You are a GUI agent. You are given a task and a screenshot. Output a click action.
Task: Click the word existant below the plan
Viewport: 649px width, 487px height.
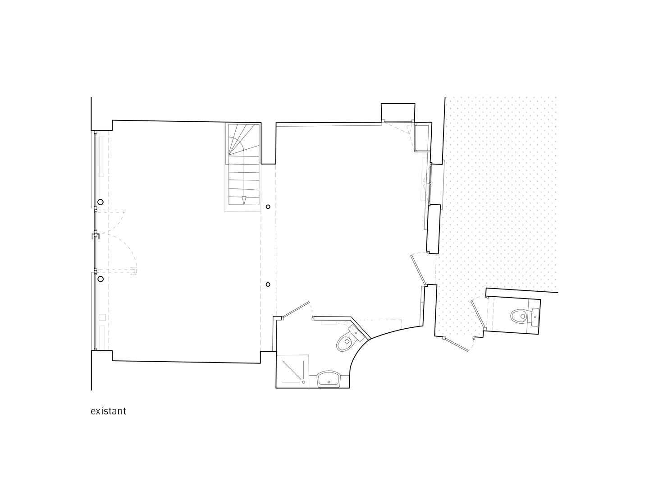[x=108, y=411]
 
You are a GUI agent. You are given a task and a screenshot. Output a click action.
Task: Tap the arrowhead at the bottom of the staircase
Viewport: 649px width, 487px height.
[x=244, y=200]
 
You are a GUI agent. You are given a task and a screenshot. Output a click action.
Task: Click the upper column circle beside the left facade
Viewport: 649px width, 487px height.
[x=101, y=202]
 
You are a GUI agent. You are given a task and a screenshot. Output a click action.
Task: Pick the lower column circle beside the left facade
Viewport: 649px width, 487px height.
[x=101, y=279]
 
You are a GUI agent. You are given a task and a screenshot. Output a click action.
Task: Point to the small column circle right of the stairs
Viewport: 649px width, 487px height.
[x=268, y=207]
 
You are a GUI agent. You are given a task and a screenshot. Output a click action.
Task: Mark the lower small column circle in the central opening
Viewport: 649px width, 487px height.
[x=268, y=285]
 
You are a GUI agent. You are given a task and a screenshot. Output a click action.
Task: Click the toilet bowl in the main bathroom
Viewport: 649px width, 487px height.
[x=344, y=343]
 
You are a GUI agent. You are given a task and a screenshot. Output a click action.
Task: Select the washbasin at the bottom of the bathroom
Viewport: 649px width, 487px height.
[x=329, y=379]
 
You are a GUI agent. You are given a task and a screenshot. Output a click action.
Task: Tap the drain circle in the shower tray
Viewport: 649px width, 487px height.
[x=304, y=382]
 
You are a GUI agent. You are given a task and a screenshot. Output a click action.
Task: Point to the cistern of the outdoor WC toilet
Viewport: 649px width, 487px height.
[x=535, y=317]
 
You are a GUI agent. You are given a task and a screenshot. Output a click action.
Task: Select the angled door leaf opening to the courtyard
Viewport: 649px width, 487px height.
[x=419, y=270]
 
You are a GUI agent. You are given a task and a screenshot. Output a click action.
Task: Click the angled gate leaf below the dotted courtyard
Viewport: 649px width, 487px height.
[x=457, y=345]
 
